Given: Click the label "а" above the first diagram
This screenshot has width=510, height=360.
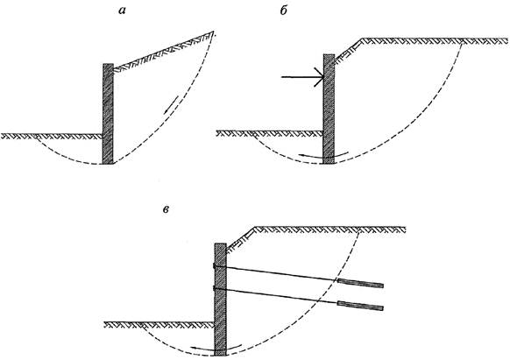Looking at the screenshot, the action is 122,11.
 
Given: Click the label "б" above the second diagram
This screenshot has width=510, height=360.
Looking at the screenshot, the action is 284,11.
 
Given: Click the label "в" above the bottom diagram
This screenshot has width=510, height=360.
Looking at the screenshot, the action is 166,209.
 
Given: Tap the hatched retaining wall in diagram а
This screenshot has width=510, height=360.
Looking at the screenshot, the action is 108,114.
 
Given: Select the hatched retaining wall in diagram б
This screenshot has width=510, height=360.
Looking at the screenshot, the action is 329,109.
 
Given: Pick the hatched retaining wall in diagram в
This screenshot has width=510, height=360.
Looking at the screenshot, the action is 221,300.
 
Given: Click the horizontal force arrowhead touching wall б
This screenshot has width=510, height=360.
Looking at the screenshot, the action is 319,77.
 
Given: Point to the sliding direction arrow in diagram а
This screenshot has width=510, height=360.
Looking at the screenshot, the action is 171,105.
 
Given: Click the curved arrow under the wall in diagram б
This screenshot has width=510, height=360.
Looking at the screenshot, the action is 323,156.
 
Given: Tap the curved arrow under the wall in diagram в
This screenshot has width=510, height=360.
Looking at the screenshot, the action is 216,348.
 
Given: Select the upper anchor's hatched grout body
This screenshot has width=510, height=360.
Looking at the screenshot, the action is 361,283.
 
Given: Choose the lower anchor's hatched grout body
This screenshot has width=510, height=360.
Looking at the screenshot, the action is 361,306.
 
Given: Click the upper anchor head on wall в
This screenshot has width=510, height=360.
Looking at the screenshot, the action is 215,266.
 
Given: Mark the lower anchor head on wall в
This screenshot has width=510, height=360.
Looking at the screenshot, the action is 215,288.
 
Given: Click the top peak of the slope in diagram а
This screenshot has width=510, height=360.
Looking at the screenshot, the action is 213,32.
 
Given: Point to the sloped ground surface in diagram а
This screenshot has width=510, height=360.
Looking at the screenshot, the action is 164,51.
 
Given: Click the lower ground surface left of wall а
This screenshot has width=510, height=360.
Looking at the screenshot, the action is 52,136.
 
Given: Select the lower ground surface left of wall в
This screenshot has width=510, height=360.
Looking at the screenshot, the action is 159,325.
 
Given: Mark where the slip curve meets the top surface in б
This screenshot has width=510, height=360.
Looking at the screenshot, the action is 462,41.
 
